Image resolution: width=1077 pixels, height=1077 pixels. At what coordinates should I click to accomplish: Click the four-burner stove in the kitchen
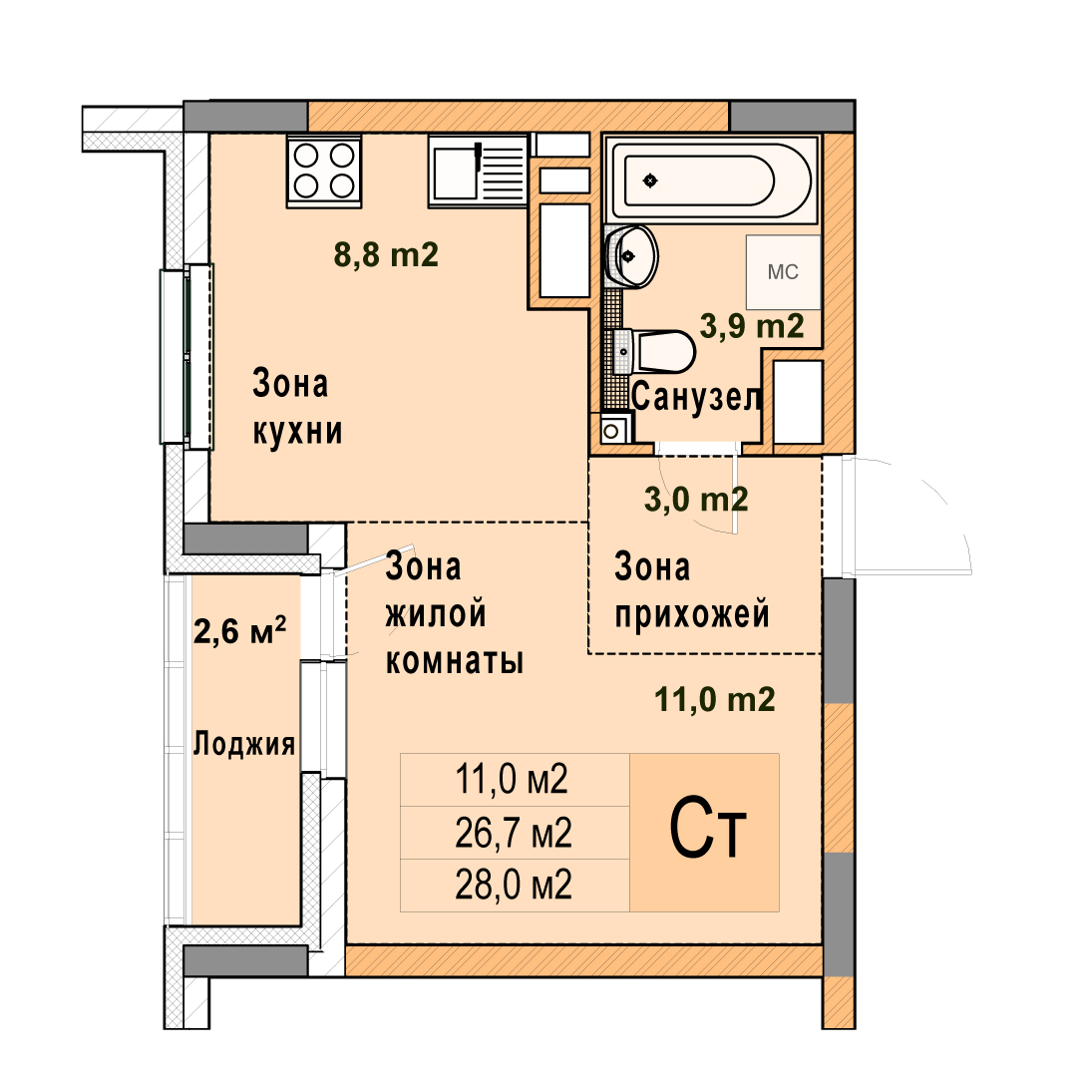(324, 172)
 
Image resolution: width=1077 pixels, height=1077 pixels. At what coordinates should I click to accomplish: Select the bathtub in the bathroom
(711, 180)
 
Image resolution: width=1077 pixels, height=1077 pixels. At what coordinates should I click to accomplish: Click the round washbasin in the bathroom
(631, 256)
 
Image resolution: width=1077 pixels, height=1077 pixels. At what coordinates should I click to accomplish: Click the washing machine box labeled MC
(783, 272)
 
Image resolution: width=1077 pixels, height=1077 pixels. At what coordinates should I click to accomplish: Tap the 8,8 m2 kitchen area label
(386, 255)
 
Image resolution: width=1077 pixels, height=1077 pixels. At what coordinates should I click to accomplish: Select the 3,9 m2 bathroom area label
(752, 325)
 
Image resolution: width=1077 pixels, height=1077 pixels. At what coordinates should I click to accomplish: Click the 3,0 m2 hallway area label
(696, 500)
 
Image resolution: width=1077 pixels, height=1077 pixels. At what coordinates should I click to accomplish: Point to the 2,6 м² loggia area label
(239, 630)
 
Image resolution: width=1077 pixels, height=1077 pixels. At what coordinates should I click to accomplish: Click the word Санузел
(696, 398)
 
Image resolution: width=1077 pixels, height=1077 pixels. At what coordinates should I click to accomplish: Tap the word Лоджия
(244, 744)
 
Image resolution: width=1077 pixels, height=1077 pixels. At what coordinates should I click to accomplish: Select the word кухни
(297, 432)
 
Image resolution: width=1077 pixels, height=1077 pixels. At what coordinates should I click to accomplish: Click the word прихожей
(692, 614)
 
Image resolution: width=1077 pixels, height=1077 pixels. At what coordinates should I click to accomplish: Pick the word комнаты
(455, 661)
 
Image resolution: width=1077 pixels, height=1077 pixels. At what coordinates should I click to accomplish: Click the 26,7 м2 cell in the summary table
(514, 833)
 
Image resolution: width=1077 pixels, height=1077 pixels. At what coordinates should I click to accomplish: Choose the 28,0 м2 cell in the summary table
(514, 886)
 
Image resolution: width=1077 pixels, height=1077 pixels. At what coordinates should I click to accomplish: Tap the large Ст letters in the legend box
(707, 829)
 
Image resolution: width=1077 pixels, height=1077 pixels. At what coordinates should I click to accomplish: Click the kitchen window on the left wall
(186, 356)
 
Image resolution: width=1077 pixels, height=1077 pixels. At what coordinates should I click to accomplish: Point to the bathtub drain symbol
(650, 180)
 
